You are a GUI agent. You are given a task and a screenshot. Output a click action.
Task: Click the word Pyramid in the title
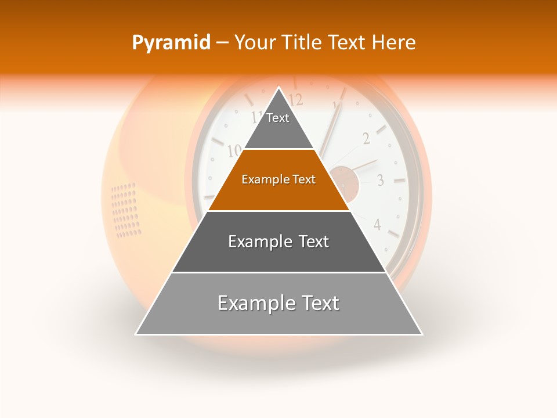click(x=171, y=43)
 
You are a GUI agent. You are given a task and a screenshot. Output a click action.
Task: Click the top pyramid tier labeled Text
click(x=278, y=118)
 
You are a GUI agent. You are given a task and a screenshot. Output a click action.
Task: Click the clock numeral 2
click(x=366, y=138)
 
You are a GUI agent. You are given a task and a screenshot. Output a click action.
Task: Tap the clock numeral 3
click(x=380, y=180)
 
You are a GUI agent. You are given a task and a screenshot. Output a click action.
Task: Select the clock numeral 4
click(x=377, y=224)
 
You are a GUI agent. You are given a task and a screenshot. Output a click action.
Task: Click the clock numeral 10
click(x=234, y=151)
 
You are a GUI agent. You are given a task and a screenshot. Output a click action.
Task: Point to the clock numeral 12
click(x=296, y=98)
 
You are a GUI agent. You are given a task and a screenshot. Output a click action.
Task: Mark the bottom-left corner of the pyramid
click(x=136, y=334)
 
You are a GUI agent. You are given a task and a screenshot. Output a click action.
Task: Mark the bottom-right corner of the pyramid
click(x=422, y=334)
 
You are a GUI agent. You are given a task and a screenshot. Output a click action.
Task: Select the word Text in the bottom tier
click(x=316, y=304)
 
